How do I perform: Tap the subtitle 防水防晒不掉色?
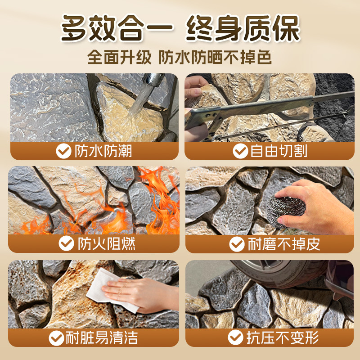pos(215,58)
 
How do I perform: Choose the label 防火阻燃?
pos(106,244)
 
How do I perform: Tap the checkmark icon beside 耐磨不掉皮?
pos(237,244)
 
